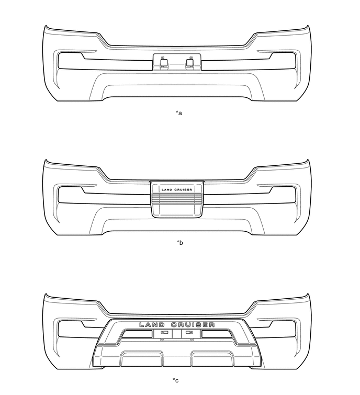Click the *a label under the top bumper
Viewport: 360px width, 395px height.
179,112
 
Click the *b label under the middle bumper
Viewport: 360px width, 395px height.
179,243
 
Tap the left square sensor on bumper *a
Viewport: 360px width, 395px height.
163,63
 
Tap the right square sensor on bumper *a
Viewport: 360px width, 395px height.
189,63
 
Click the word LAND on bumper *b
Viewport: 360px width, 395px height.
166,189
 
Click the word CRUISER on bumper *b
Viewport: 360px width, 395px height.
183,189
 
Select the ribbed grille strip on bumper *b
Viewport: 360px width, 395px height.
176,198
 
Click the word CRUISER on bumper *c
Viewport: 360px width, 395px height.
194,324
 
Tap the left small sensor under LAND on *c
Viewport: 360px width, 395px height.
164,332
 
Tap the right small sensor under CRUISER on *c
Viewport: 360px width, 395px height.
189,332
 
